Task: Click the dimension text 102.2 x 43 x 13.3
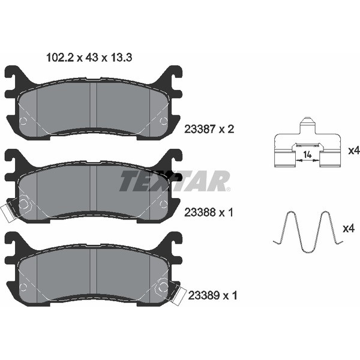tap(89, 58)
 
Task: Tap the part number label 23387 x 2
tap(209, 129)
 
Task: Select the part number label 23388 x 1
tap(209, 212)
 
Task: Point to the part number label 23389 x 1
tap(212, 295)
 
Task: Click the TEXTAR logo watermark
tap(175, 181)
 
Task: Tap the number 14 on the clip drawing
tap(307, 155)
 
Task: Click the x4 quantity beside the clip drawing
tap(354, 151)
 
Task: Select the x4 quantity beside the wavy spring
tap(349, 229)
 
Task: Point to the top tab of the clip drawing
tap(308, 125)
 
